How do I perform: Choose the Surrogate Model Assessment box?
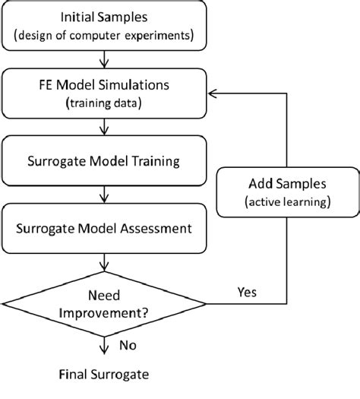pyautogui.click(x=104, y=226)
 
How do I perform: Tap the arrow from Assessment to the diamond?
pyautogui.click(x=104, y=260)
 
